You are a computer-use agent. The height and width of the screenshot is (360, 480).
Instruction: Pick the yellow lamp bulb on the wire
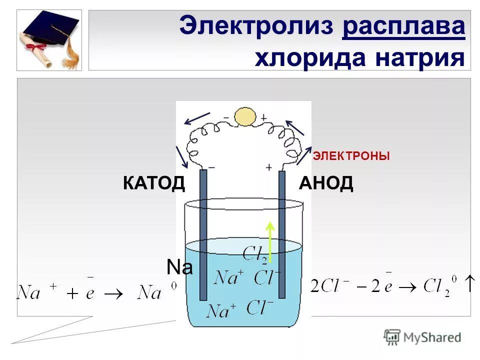(245, 117)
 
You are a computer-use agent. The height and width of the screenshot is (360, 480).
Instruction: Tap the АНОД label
(326, 183)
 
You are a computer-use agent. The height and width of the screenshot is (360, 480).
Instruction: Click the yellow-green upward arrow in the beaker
(270, 242)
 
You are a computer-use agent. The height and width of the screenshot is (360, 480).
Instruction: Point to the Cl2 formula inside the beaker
(256, 254)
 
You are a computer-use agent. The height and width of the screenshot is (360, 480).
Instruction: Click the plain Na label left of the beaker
(179, 268)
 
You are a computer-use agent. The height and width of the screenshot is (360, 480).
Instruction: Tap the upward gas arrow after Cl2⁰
(469, 283)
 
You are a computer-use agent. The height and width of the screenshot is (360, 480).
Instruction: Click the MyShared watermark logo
(422, 337)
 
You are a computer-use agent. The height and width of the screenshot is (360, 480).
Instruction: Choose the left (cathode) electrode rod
(203, 235)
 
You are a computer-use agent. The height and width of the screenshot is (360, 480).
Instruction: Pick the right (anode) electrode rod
(282, 235)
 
